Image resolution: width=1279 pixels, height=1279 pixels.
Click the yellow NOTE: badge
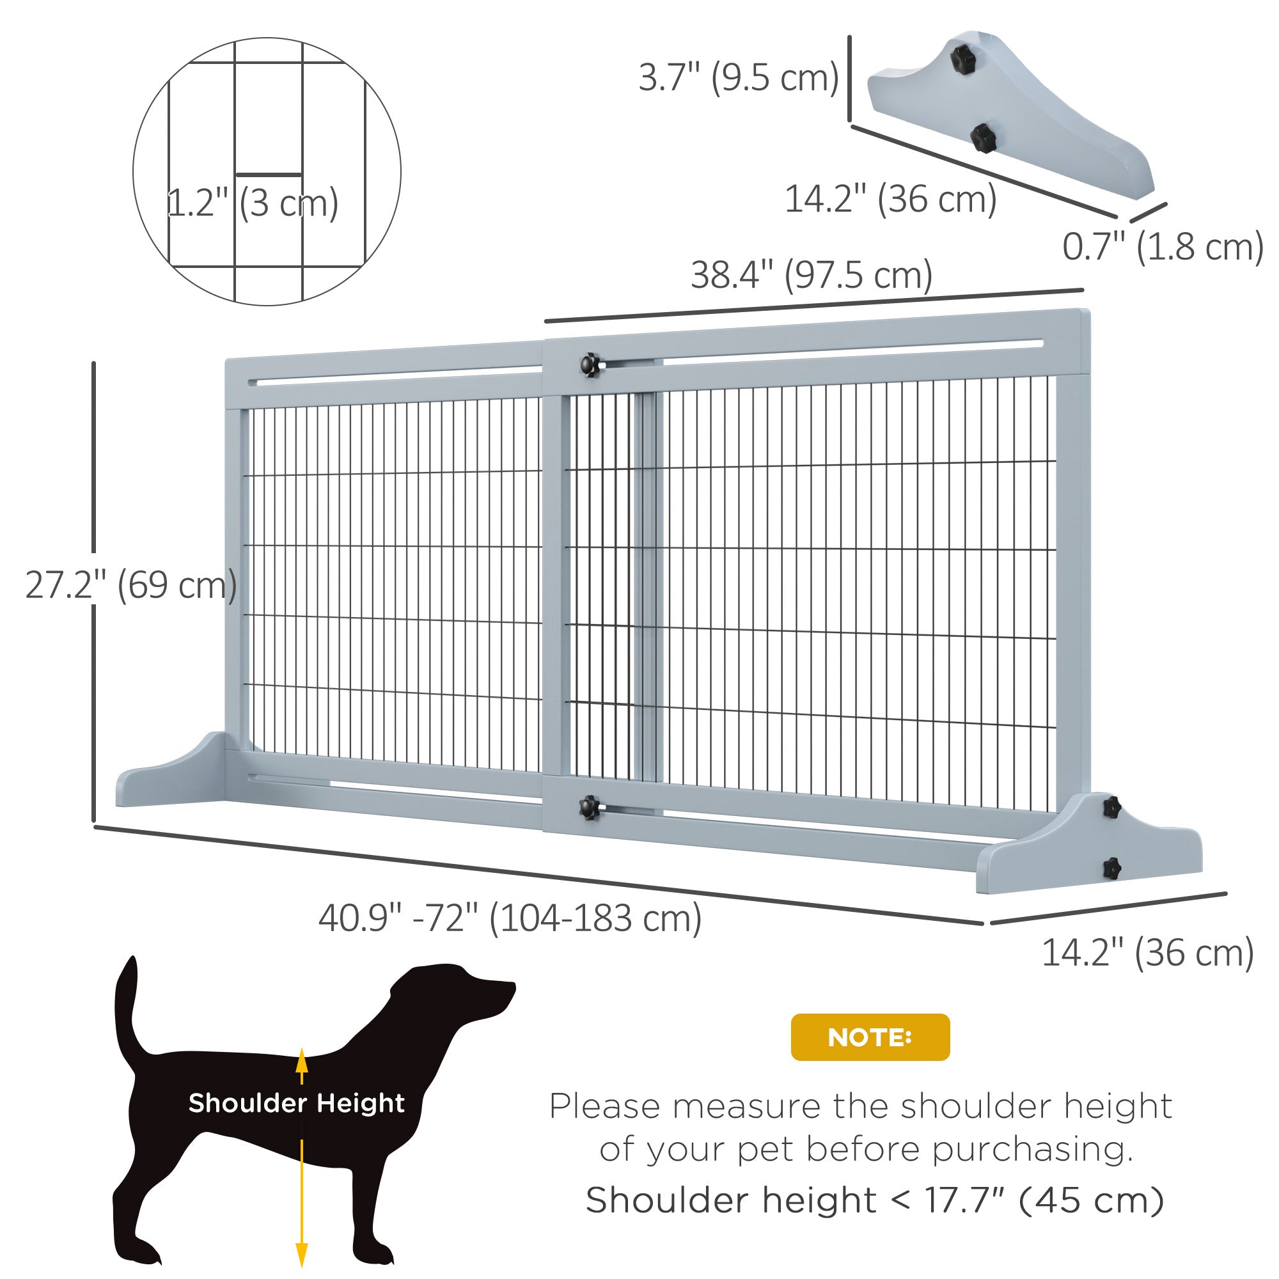[x=870, y=1037]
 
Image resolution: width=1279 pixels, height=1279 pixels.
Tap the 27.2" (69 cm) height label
[x=131, y=585]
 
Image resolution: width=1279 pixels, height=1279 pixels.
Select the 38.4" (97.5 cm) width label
[x=812, y=276]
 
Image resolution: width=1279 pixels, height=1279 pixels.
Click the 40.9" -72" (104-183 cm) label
[x=510, y=918]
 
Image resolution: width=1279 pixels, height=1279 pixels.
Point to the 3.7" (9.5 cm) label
[x=738, y=77]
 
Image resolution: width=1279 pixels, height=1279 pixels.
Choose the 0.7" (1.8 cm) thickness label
[x=1163, y=247]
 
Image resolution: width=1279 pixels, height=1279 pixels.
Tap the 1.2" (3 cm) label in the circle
[x=252, y=203]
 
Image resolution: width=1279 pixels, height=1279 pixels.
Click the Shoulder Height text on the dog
[x=296, y=1104]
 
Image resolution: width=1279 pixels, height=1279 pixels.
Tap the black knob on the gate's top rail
[x=589, y=364]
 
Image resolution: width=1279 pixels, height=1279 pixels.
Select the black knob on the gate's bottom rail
[x=588, y=807]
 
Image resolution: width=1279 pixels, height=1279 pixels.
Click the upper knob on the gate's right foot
[x=1111, y=807]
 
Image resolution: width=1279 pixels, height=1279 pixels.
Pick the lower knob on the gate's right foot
[x=1112, y=867]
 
